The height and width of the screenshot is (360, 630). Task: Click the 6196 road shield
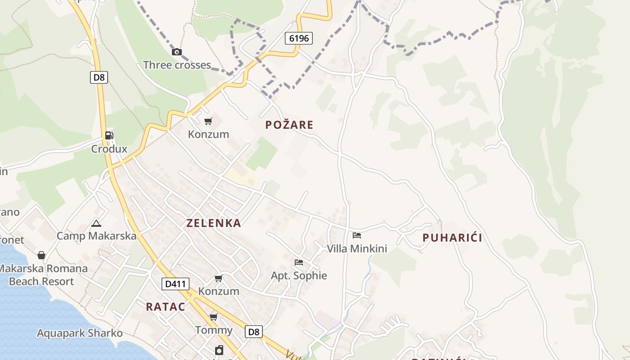(299, 38)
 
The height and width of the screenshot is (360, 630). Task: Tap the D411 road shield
(175, 284)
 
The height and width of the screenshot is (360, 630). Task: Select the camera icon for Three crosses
(177, 52)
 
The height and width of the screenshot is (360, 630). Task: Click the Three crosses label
(177, 65)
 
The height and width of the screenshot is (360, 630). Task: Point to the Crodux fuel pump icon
(109, 135)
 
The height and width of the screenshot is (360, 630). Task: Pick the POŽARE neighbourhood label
(289, 125)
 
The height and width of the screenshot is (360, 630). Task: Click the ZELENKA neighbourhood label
(214, 223)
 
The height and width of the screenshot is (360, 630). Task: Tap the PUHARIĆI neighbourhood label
(452, 238)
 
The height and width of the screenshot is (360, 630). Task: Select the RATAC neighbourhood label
(166, 307)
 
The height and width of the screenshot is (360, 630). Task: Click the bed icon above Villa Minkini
(357, 235)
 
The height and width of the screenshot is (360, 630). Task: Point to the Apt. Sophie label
(299, 275)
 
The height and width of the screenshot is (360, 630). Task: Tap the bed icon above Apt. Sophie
(299, 262)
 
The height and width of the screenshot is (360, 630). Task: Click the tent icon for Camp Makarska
(96, 223)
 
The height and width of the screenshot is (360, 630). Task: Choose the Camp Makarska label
(96, 236)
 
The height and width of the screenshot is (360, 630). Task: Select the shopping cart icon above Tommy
(214, 317)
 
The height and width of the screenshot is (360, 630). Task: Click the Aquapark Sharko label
(80, 333)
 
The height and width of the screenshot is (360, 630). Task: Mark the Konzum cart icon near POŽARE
(208, 121)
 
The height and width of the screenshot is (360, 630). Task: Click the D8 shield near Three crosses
(99, 77)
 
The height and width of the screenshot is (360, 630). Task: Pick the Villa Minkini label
(357, 248)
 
